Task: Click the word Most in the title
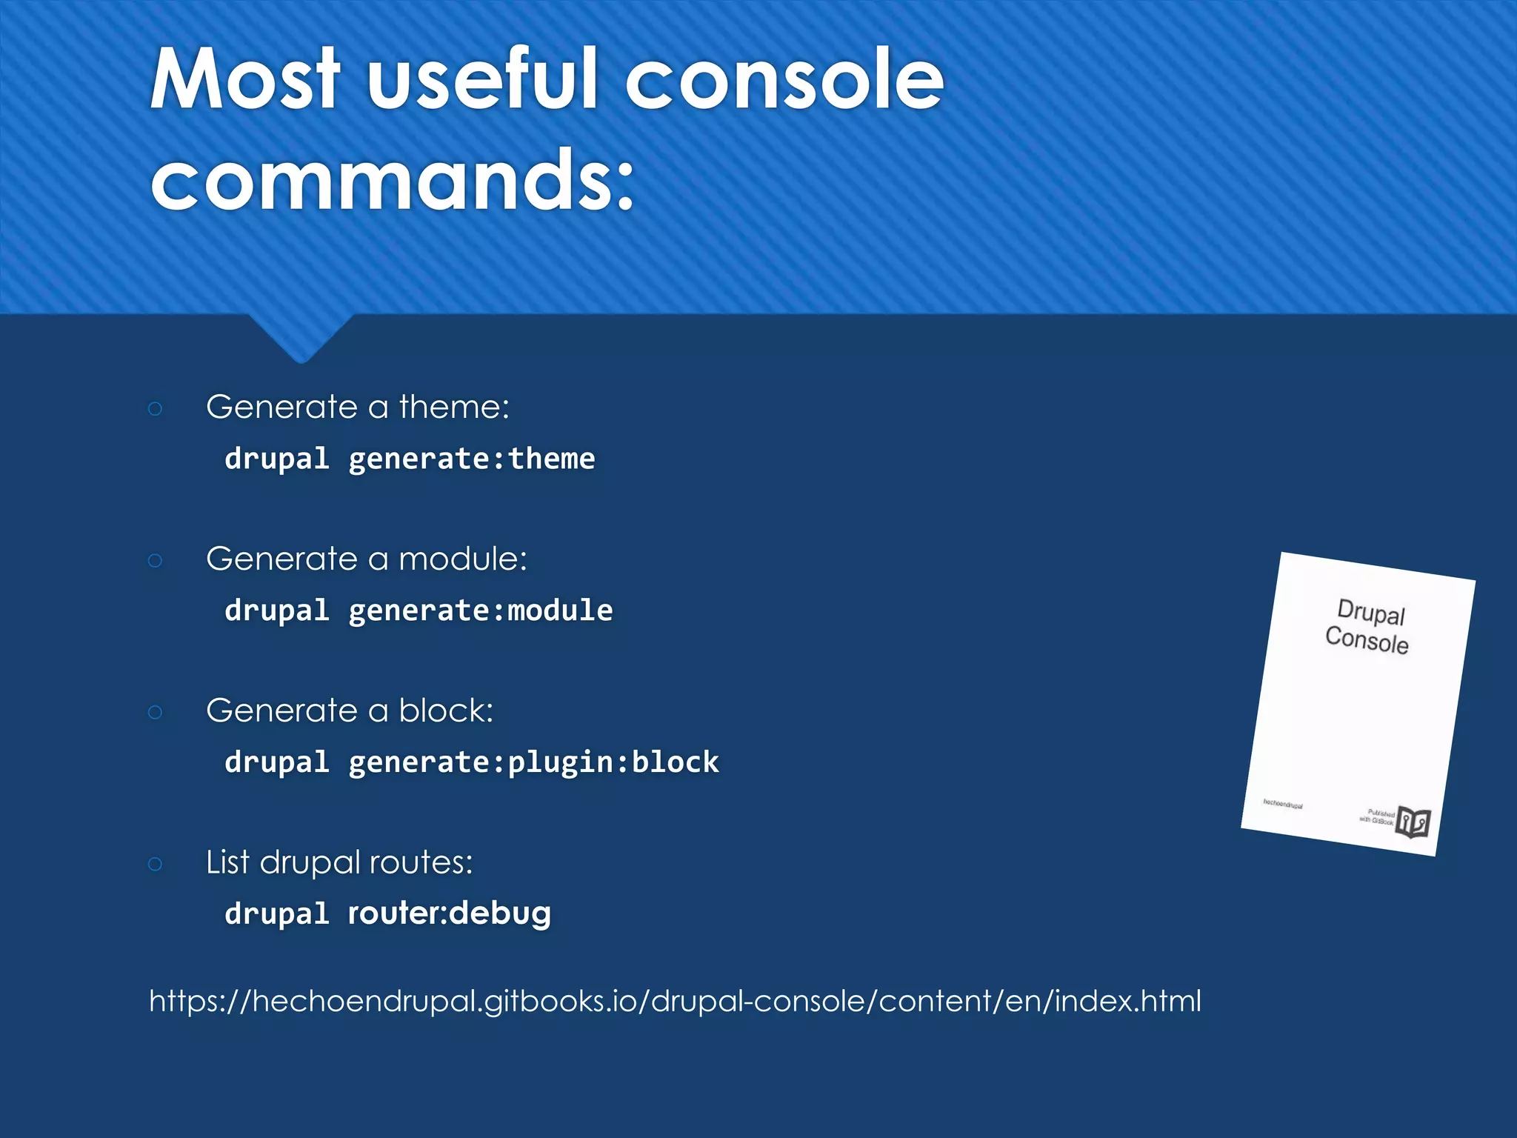(x=245, y=79)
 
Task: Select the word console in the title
(x=784, y=79)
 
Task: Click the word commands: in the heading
(x=393, y=180)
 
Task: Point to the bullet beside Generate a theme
(x=155, y=408)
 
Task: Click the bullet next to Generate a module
(x=155, y=560)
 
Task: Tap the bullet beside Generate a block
(x=155, y=712)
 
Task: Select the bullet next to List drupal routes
(x=155, y=864)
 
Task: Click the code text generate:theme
(x=472, y=459)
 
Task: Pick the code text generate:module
(x=481, y=611)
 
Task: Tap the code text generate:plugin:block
(x=533, y=763)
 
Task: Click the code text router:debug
(x=450, y=914)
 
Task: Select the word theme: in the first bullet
(x=454, y=407)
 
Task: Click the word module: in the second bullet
(x=463, y=559)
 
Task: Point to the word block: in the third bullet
(x=446, y=711)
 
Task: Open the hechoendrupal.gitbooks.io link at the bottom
(x=675, y=1001)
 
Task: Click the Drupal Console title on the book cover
(x=1369, y=627)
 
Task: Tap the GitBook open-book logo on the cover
(x=1413, y=822)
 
